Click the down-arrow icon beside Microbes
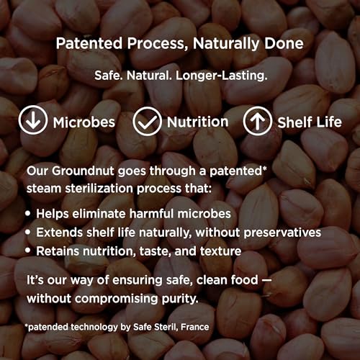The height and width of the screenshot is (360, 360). tap(33, 120)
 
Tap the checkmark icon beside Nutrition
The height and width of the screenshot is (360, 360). tap(147, 122)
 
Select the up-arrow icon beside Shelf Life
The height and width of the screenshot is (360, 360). tap(258, 121)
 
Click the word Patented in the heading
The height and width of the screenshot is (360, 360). tap(89, 43)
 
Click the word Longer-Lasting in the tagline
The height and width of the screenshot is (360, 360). tap(221, 76)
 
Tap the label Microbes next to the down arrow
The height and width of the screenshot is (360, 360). tap(84, 122)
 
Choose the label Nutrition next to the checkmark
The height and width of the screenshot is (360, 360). tap(197, 122)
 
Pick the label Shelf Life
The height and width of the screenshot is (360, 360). tap(310, 122)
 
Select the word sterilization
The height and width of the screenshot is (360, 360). tap(99, 189)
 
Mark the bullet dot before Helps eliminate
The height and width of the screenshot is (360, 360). tap(28, 213)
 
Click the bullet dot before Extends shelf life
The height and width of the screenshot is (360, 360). tap(28, 232)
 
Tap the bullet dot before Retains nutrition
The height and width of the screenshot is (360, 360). tap(28, 251)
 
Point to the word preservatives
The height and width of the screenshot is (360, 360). tap(282, 233)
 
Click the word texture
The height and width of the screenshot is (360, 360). tap(220, 251)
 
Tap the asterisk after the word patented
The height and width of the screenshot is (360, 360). tap(264, 168)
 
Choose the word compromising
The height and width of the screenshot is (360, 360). tap(117, 299)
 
